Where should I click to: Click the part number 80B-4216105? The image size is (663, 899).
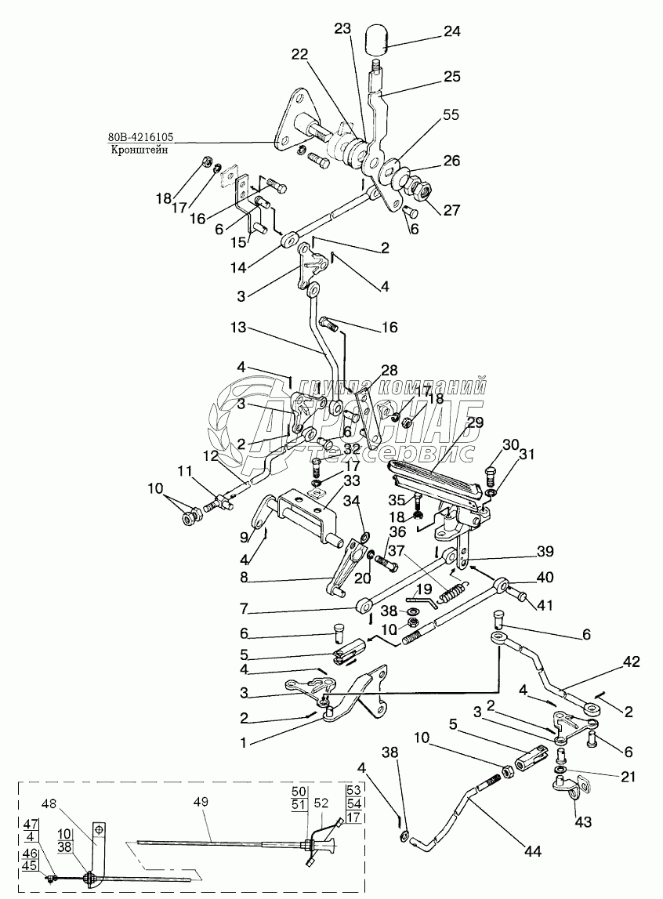[x=140, y=140]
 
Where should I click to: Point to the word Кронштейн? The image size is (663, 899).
[x=132, y=151]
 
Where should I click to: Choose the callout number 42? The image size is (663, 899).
[x=631, y=662]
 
